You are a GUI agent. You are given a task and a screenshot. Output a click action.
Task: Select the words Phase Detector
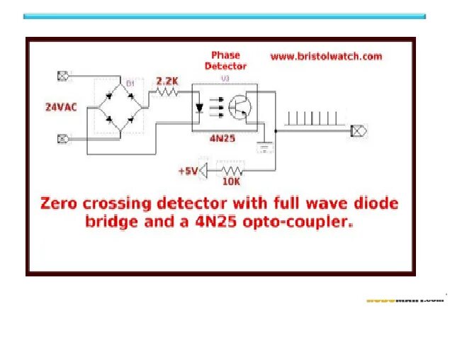[225, 60]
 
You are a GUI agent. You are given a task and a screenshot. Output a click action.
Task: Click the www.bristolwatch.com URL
[325, 56]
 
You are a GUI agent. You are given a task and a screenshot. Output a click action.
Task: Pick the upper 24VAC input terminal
[62, 75]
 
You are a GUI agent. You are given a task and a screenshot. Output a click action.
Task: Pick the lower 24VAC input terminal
[62, 138]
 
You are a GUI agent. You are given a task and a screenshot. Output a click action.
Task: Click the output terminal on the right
[359, 131]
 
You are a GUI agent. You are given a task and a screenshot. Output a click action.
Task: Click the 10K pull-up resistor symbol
[232, 171]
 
